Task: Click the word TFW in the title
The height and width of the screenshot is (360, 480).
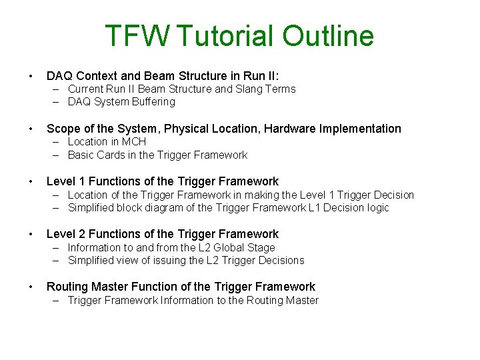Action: click(x=138, y=36)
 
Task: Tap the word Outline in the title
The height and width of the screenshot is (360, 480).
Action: click(x=329, y=36)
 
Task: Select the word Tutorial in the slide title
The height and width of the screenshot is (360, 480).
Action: click(x=227, y=36)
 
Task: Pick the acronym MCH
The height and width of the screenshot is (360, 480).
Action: click(x=134, y=141)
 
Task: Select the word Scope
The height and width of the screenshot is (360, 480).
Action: click(x=63, y=129)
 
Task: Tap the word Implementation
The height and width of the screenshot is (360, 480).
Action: click(x=361, y=129)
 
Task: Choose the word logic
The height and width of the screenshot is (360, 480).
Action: click(x=376, y=207)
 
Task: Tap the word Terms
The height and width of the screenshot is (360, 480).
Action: click(x=280, y=89)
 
